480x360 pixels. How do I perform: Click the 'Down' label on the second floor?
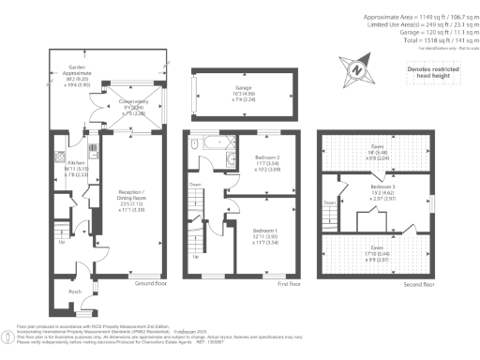coord(330,202)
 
